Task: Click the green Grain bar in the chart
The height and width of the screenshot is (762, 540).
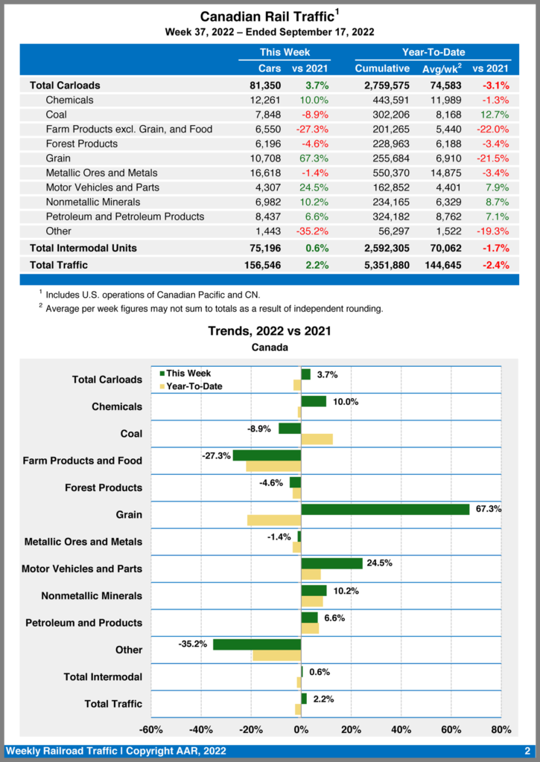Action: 385,509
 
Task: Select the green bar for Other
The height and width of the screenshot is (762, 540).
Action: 257,644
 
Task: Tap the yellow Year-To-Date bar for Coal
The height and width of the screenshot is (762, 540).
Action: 317,439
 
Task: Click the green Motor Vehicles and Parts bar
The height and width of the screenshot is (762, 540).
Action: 331,563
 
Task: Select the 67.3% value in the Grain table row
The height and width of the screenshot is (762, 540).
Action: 314,159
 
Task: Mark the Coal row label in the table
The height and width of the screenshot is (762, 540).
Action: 56,115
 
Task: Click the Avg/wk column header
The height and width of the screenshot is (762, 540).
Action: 439,68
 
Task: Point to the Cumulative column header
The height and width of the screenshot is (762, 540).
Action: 382,68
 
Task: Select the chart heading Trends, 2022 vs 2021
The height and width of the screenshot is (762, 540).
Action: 269,331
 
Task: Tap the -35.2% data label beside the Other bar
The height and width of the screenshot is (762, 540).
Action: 192,644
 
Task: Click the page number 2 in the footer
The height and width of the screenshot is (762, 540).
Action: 527,751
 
